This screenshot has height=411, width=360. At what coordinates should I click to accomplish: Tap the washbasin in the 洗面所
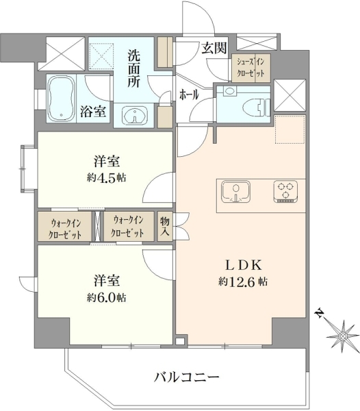click(135, 115)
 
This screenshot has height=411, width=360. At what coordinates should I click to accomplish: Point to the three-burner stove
click(285, 192)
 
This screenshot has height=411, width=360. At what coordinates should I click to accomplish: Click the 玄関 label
click(214, 48)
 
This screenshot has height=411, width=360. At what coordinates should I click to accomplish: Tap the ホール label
click(189, 95)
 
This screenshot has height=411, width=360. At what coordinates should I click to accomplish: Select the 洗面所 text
click(133, 68)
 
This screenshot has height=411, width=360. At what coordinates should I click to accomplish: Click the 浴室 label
click(93, 112)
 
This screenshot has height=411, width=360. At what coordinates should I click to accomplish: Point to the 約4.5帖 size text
click(107, 178)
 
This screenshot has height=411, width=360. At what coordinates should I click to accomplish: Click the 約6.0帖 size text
click(107, 298)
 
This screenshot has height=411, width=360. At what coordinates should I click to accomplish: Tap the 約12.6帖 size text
click(243, 282)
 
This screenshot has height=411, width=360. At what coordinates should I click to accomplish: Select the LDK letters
click(244, 266)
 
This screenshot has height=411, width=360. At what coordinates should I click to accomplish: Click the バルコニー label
click(186, 377)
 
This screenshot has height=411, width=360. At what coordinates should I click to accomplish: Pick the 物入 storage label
click(165, 226)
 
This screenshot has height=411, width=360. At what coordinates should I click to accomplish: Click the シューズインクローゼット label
click(250, 68)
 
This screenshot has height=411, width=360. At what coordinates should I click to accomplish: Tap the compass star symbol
click(343, 336)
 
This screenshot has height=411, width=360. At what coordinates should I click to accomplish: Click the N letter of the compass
click(320, 313)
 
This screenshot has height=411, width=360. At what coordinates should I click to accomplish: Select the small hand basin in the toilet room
click(230, 91)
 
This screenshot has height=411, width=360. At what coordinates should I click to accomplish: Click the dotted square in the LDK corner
click(290, 129)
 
